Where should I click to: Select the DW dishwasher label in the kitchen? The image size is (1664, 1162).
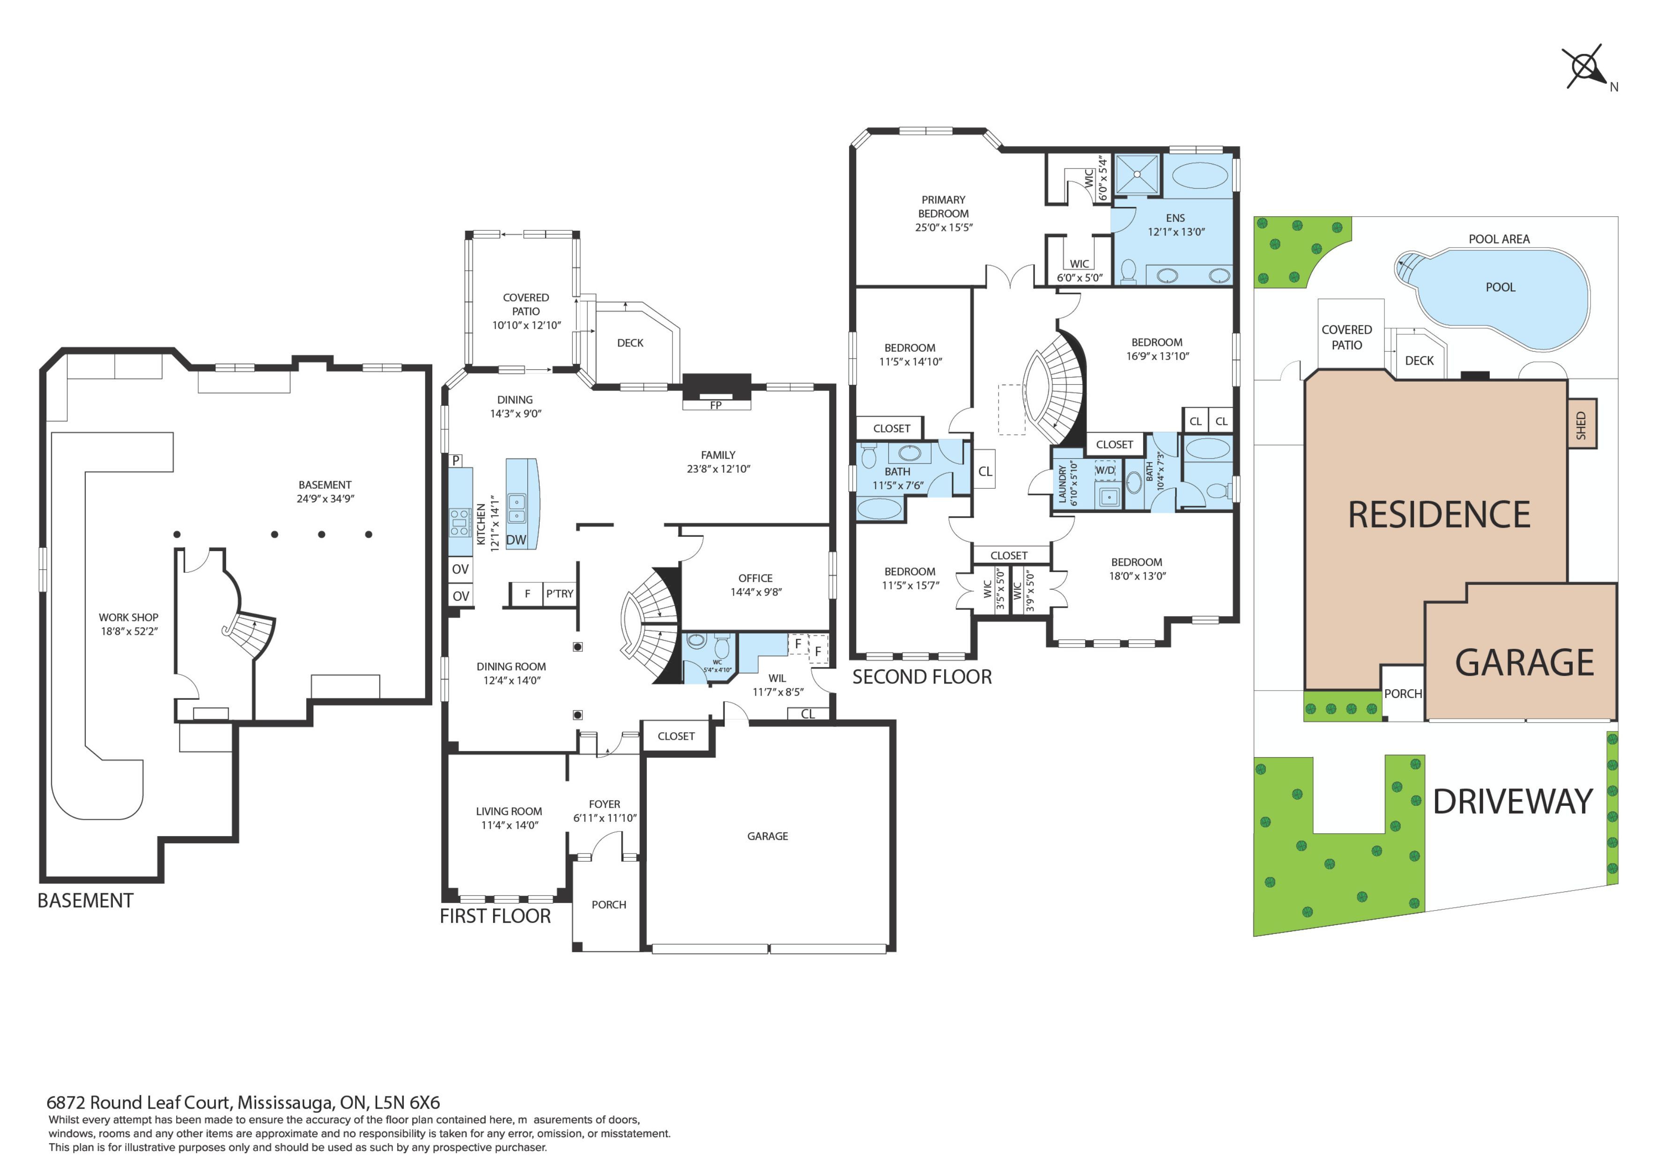coord(516,540)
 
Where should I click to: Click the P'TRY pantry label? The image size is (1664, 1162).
coord(560,593)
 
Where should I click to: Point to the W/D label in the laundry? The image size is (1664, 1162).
coord(1105,470)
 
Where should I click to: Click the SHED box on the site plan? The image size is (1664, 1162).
coord(1582,425)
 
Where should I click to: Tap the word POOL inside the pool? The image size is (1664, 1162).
coord(1500,287)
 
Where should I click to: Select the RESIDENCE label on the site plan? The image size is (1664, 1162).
coord(1439,515)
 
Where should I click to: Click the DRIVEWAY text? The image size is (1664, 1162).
coord(1513,801)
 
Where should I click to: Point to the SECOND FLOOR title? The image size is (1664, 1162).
coord(922,677)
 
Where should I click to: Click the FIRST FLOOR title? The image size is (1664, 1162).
coord(495,916)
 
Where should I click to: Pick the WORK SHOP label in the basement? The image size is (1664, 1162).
coord(128,617)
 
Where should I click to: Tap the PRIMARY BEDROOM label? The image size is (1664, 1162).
coord(944,206)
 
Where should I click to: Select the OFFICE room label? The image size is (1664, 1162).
coord(755,578)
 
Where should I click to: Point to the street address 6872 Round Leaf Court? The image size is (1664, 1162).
coord(139,1103)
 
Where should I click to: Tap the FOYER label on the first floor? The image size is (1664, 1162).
coord(605,804)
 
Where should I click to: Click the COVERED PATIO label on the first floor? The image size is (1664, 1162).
coord(526,304)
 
